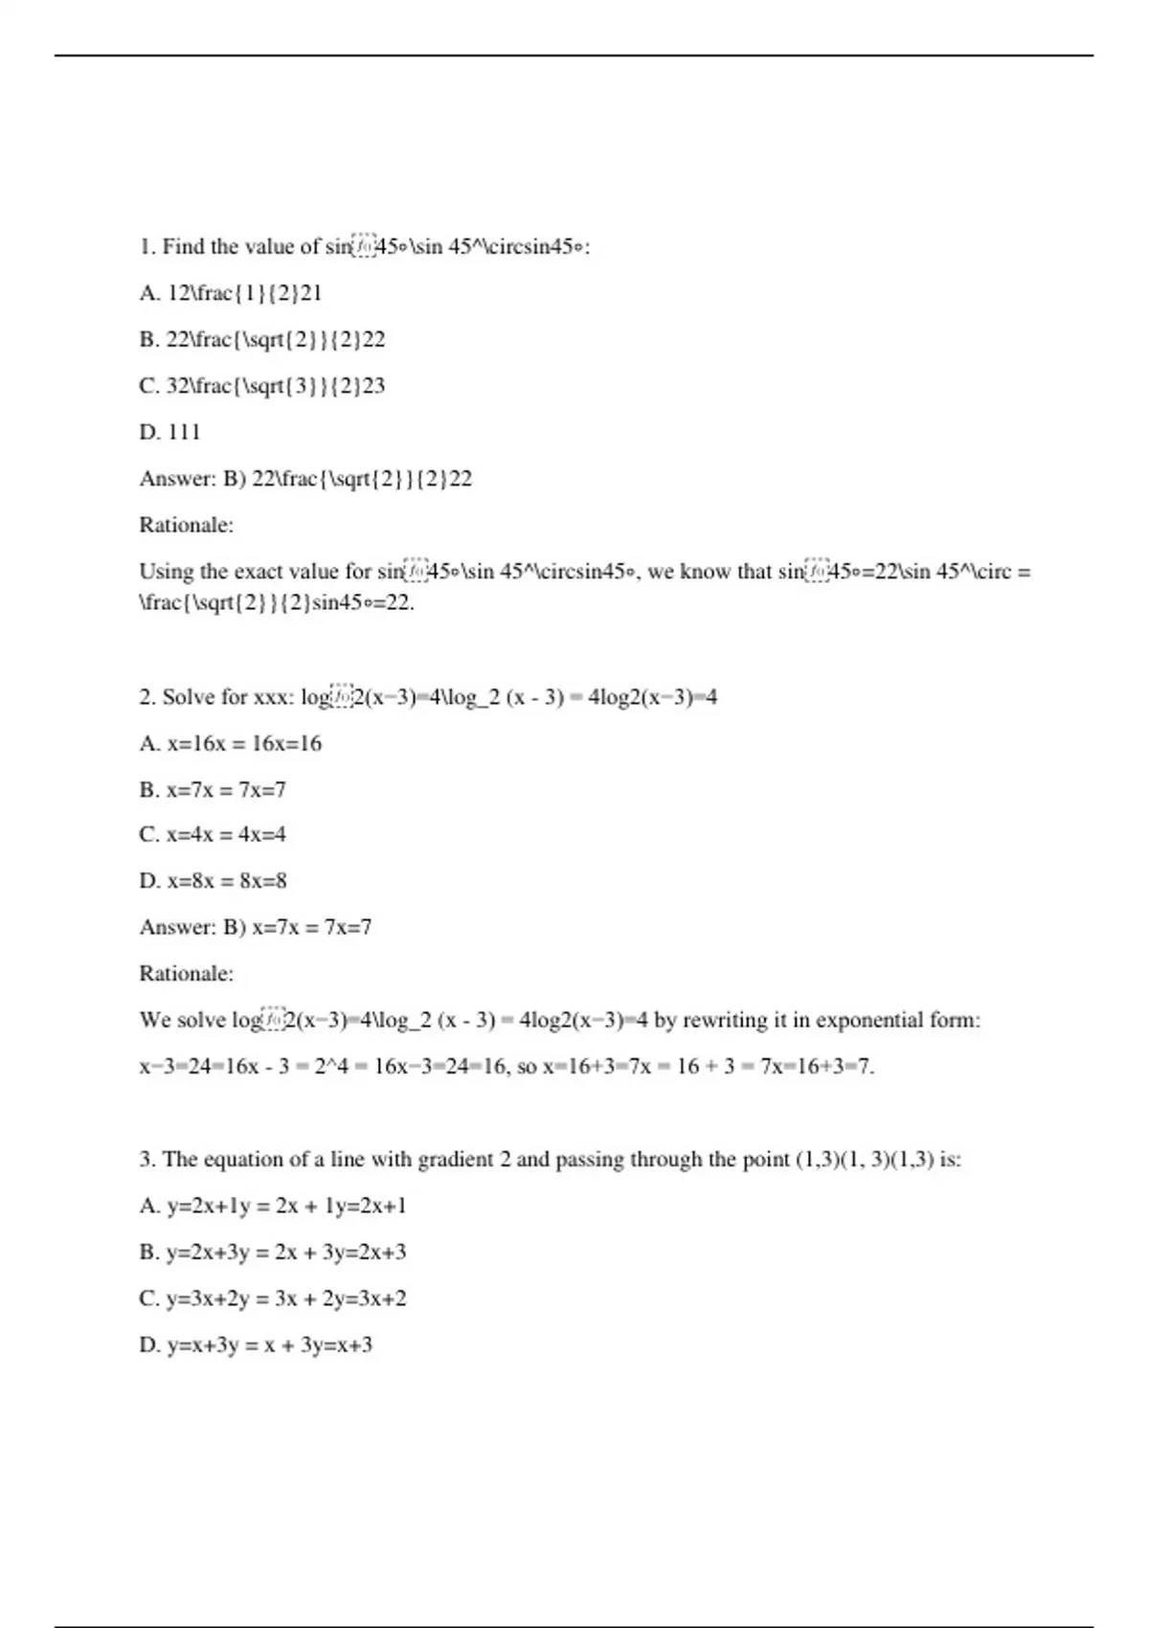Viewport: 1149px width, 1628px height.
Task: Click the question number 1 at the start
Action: pos(146,247)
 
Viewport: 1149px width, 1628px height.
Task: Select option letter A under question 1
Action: pos(148,293)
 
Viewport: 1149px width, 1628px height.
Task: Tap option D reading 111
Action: pos(170,432)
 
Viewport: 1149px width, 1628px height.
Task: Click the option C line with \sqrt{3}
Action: pos(261,386)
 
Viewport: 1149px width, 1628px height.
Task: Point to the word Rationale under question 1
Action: pos(186,525)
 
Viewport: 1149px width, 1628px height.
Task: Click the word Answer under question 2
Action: pos(177,927)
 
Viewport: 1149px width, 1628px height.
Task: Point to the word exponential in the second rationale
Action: pos(869,1020)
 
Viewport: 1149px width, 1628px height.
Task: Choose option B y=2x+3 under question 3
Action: pos(273,1253)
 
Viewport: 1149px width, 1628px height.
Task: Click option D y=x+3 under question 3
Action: pos(256,1345)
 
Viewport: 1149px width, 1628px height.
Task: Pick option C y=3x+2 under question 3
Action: pos(273,1299)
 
